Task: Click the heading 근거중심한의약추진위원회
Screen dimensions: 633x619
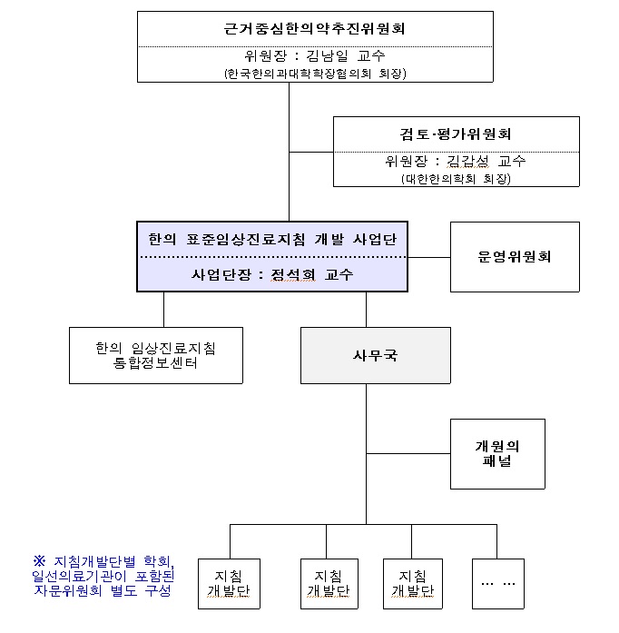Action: [x=314, y=28]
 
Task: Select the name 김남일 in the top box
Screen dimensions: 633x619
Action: [x=325, y=56]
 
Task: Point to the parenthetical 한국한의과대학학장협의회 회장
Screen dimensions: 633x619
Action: [x=315, y=74]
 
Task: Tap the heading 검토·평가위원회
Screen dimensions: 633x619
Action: [x=456, y=134]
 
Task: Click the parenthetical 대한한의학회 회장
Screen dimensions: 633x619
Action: [x=456, y=179]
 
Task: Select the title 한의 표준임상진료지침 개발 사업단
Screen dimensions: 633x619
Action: [x=272, y=240]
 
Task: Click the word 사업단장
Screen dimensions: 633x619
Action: [x=218, y=274]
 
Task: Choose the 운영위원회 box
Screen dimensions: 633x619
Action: [x=514, y=257]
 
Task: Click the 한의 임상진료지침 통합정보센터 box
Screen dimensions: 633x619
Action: [x=155, y=355]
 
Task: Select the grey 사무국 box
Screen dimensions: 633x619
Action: [x=376, y=355]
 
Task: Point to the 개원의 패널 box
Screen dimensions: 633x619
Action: [x=497, y=453]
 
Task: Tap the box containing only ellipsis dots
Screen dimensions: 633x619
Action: [x=497, y=582]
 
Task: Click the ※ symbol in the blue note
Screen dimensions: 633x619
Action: [x=39, y=560]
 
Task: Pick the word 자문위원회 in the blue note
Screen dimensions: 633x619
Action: [x=66, y=591]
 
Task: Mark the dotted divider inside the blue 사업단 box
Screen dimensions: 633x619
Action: [x=272, y=257]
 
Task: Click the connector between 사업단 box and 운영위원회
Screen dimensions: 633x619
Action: [x=429, y=257]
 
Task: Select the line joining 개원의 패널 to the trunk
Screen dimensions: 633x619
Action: [x=408, y=453]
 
